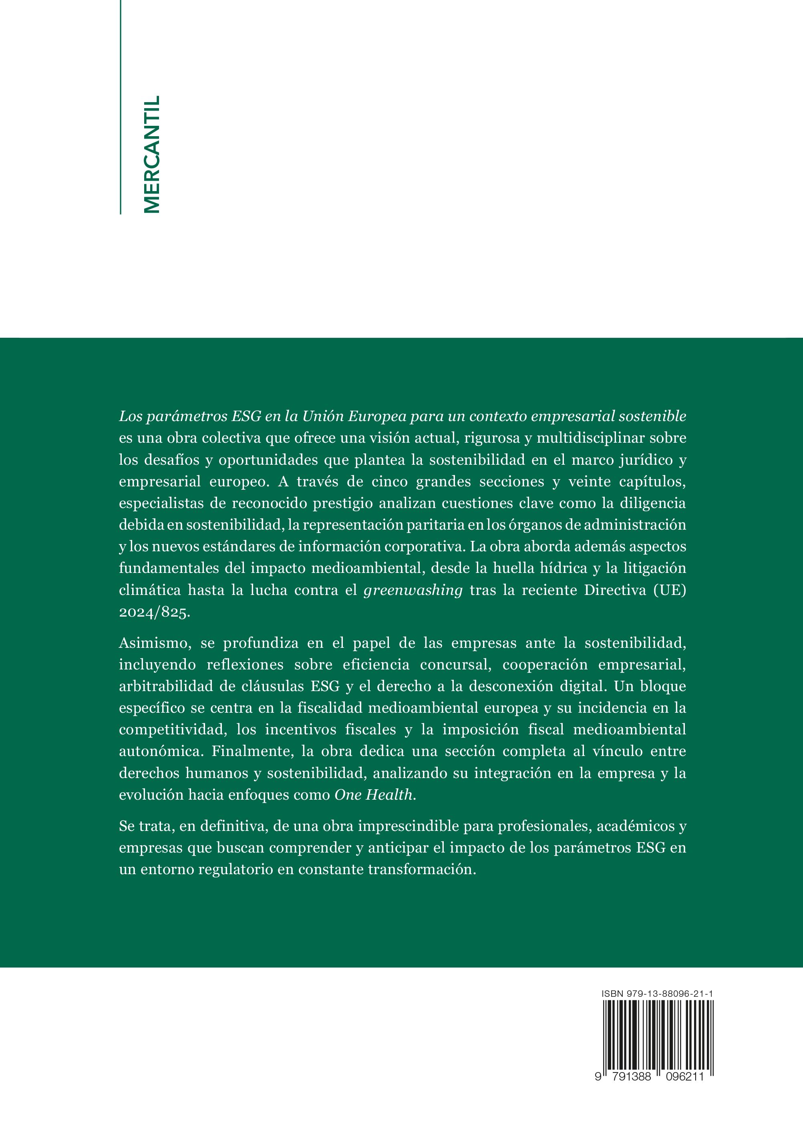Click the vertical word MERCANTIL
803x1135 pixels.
tap(151, 154)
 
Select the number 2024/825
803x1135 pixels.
tap(154, 612)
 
